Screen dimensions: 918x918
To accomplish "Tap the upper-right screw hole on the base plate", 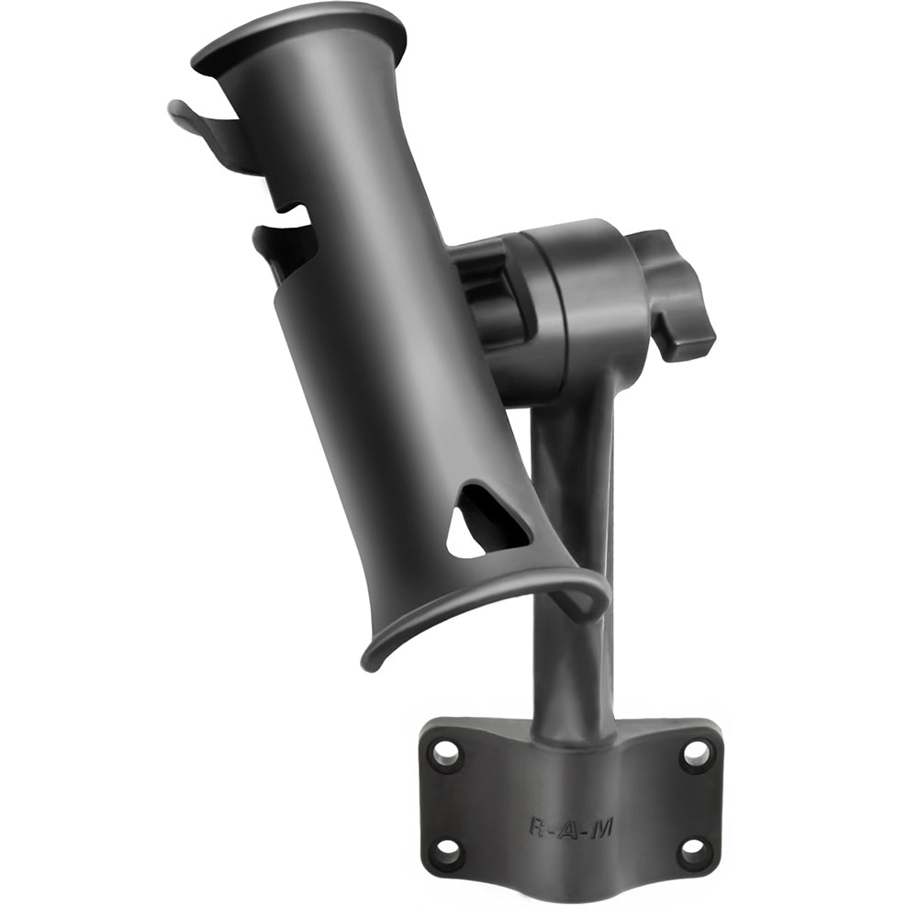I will click(695, 754).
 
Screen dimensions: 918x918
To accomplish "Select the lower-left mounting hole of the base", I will click(448, 850).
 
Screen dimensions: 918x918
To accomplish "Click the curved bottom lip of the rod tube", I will click(477, 606).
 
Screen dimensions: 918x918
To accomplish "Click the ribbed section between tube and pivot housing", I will click(491, 294).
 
